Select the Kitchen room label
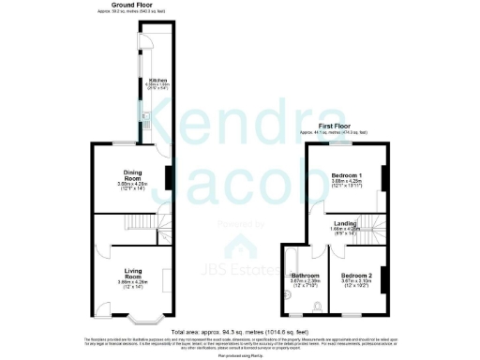(157, 82)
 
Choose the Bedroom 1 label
(347, 175)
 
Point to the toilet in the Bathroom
(319, 303)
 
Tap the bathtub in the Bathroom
(288, 277)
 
